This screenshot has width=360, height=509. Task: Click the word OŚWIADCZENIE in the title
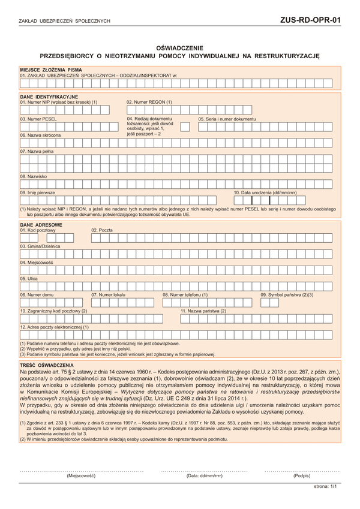click(179, 47)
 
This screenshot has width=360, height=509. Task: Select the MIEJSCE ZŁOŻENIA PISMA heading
click(50, 70)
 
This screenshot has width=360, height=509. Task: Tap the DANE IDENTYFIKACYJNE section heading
click(49, 97)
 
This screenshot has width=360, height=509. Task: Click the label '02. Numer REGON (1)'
click(149, 102)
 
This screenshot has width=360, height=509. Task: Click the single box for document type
click(185, 127)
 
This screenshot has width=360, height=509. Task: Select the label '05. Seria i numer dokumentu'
click(227, 119)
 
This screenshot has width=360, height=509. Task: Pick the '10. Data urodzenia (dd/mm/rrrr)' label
click(265, 192)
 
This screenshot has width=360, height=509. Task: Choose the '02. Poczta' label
click(102, 230)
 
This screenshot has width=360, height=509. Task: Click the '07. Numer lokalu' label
click(109, 295)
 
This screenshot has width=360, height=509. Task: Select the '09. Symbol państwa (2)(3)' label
click(287, 295)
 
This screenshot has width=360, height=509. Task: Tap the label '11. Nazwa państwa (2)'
click(203, 311)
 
